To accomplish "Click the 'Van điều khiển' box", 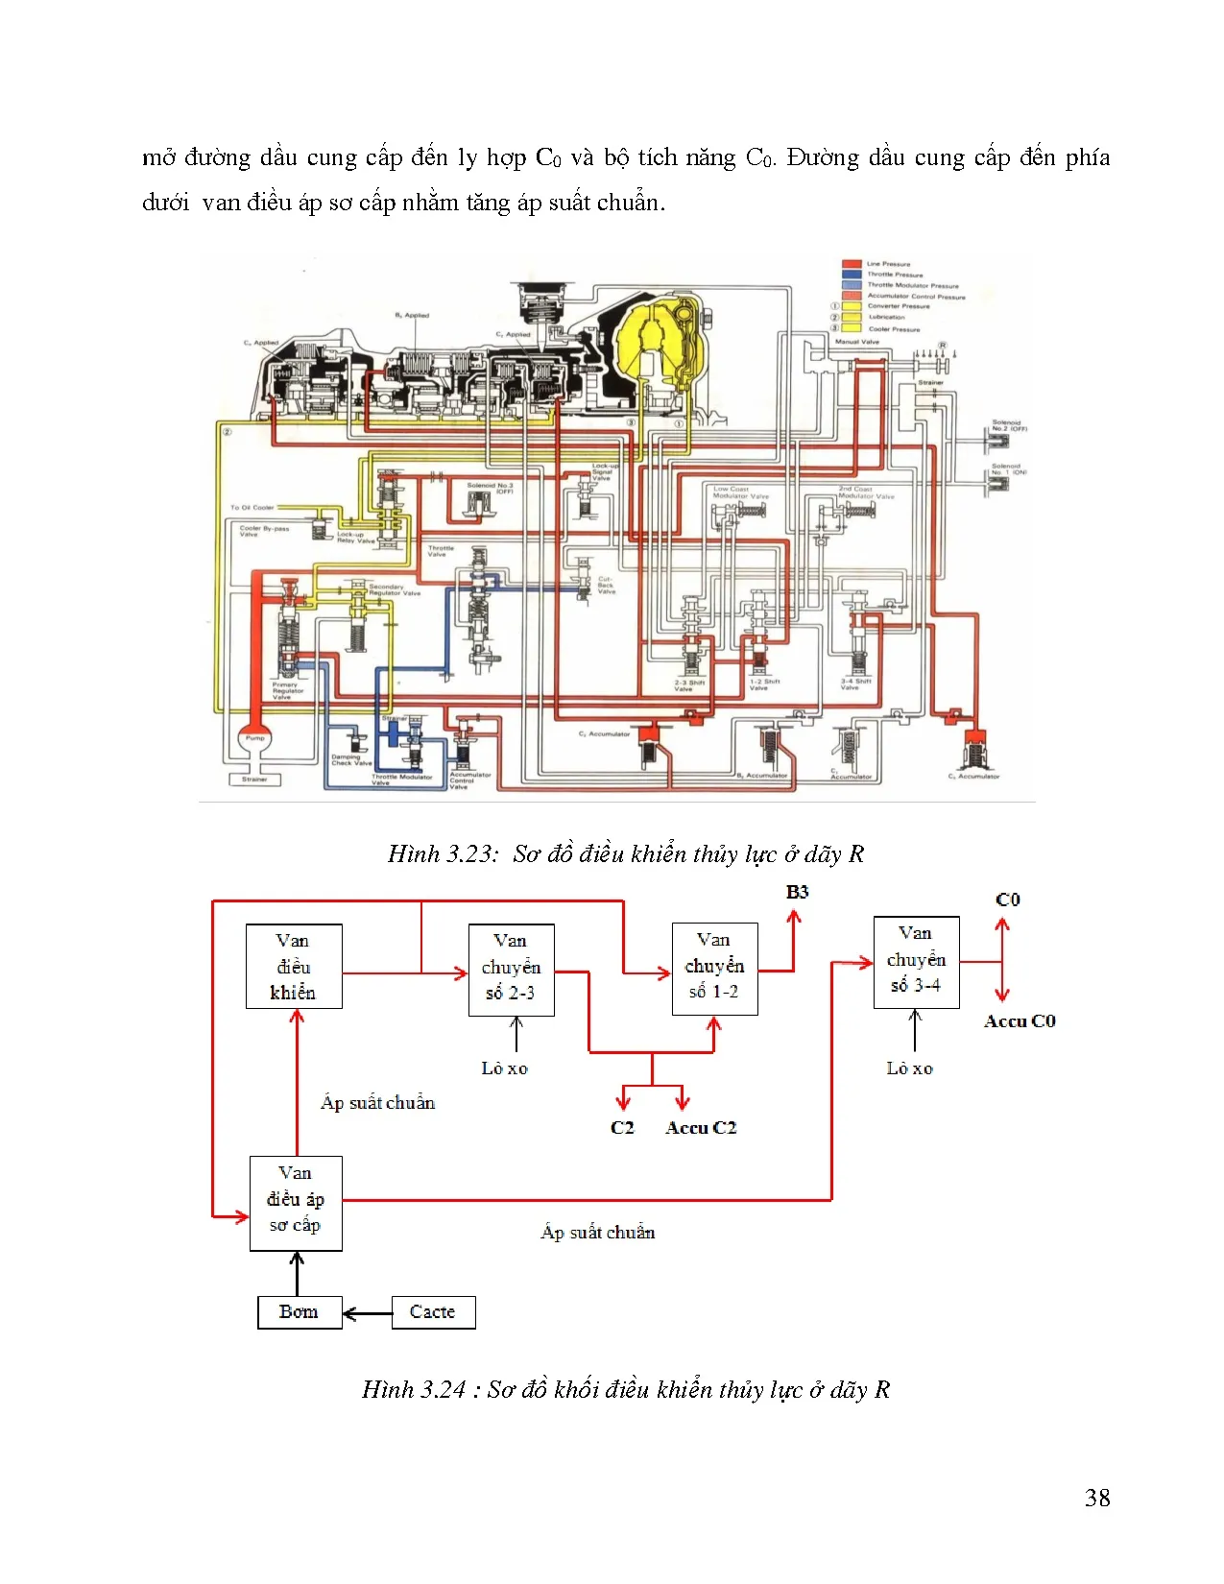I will coord(294,966).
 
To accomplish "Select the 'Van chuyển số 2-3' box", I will coord(511,969).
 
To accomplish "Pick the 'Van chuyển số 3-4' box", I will coord(916,961).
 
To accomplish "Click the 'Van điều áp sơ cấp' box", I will coord(296,1202).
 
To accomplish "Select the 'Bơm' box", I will coord(300,1311).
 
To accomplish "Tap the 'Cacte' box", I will coord(433,1311).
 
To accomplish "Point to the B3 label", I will coord(797,892).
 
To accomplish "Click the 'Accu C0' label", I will coord(1020,1021).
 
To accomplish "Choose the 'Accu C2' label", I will coord(701,1128).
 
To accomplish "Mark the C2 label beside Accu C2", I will coord(622,1128).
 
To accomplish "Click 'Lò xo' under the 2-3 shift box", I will coord(504,1068).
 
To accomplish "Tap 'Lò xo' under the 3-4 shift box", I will coord(909,1068).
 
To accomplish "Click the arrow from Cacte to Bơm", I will coord(367,1312).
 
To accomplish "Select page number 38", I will coord(1097,1498).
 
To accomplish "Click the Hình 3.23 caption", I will coord(625,853).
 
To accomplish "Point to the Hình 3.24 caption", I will coord(625,1389).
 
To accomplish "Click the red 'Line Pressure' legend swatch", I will coord(851,263).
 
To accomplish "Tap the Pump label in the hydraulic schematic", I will coord(254,738).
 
